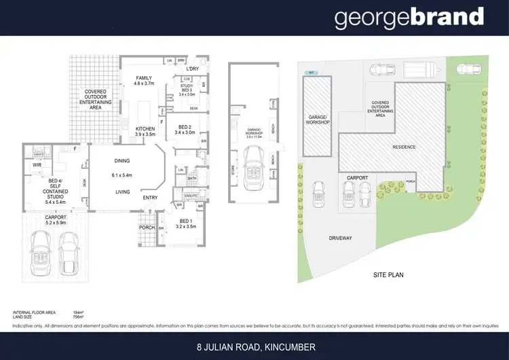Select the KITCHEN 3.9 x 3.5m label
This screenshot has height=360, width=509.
pos(146,131)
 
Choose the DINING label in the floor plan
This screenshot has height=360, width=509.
pos(122,161)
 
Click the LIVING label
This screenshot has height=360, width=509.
pos(122,192)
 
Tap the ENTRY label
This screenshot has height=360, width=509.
pos(151,198)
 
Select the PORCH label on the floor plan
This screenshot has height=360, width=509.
pos(147,228)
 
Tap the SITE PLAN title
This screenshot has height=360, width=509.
pos(390,275)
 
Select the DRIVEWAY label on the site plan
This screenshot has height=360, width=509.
pos(340,238)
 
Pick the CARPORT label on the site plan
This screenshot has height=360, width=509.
pos(357,178)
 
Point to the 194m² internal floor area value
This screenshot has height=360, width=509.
pos(78,312)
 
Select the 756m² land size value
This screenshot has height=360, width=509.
pos(78,316)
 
